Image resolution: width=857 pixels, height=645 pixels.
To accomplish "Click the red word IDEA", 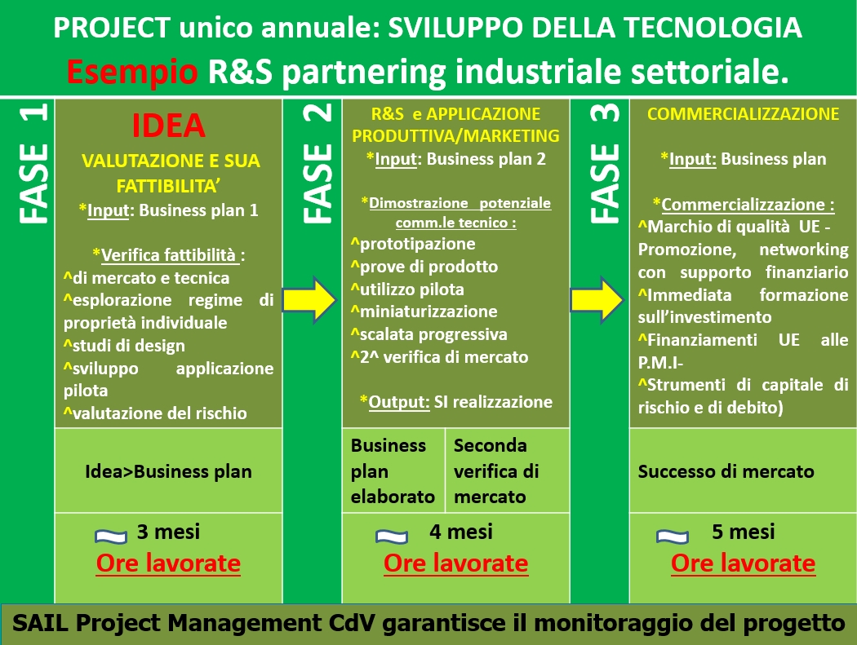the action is coord(168,126).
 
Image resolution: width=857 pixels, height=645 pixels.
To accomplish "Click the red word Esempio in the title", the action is coord(131,72).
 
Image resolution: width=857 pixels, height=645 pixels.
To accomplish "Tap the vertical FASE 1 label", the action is coord(34,163).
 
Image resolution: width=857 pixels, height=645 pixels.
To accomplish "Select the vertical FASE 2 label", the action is coord(317,163).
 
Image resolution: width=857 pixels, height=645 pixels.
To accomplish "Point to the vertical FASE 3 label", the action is coord(605,163).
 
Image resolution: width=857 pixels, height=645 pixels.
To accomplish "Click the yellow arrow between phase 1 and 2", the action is coord(309,299).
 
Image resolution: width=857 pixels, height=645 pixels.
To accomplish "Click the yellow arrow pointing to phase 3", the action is coord(597,299).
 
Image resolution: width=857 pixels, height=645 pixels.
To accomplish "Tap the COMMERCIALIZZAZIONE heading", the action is coord(743,113).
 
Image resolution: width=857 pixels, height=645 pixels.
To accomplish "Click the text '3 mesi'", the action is coord(168,532).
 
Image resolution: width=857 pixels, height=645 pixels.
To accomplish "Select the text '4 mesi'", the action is coord(461,532).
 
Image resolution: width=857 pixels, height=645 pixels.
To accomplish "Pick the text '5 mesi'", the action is coord(744,532).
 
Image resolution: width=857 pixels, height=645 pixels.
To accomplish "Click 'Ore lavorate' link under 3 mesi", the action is coord(168,563).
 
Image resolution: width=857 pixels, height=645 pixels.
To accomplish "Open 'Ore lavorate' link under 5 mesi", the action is coord(744,563).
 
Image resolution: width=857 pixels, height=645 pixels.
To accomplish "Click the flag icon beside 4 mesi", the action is coord(392,537).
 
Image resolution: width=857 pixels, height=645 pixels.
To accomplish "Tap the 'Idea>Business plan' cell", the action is coord(168,470).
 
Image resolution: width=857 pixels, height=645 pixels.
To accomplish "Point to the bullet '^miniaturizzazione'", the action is coord(424,311).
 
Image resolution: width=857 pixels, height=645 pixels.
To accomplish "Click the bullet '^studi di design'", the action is coord(124,345).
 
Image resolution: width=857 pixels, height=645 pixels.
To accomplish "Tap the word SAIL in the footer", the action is coord(41,623).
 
